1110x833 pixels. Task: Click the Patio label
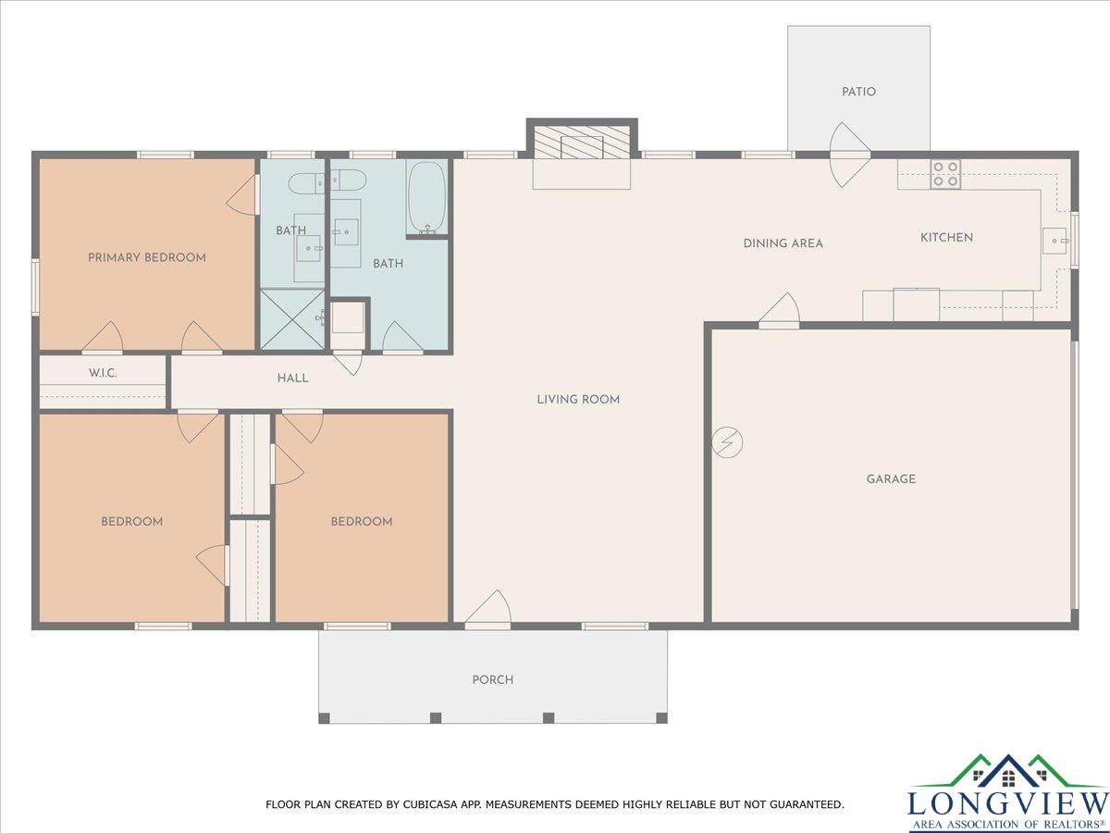[x=858, y=92]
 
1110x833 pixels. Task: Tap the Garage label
[x=891, y=479]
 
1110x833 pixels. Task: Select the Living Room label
[x=578, y=400]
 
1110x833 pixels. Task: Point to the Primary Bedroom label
[x=147, y=257]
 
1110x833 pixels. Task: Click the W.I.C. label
[x=103, y=373]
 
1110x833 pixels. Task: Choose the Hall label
[x=293, y=378]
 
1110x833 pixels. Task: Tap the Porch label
[x=493, y=679]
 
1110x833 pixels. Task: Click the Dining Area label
[x=783, y=243]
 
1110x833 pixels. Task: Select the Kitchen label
[x=946, y=237]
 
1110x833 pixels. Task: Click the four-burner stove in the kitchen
[x=945, y=174]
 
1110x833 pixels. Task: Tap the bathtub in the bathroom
[x=427, y=198]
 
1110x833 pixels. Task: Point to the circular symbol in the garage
[x=727, y=442]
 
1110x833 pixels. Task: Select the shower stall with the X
[x=291, y=319]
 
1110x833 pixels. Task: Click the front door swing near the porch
[x=488, y=609]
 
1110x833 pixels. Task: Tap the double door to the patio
[x=850, y=155]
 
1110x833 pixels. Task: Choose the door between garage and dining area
[x=779, y=309]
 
